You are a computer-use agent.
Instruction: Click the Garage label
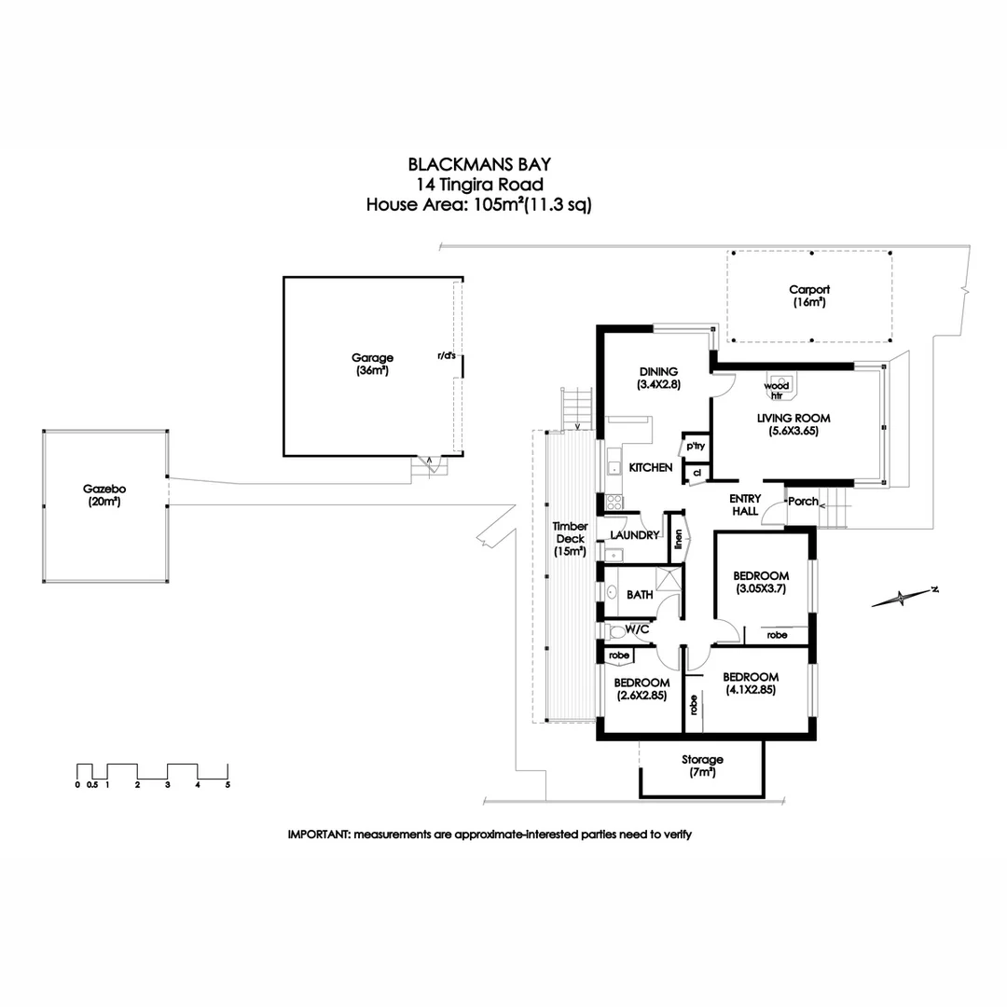[x=372, y=358]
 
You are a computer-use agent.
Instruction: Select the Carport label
[x=809, y=290]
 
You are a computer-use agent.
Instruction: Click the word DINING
[x=658, y=372]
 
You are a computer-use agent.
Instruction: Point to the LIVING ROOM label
[x=793, y=419]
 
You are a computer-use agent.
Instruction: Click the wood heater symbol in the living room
[x=777, y=385]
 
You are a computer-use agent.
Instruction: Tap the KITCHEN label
[x=651, y=467]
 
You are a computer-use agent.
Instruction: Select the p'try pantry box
[x=696, y=446]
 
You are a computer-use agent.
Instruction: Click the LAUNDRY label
[x=635, y=535]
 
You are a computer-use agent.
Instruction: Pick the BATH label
[x=640, y=595]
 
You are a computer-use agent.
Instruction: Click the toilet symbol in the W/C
[x=616, y=631]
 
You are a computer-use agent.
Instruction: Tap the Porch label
[x=803, y=502]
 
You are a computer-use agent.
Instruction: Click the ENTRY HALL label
[x=746, y=504]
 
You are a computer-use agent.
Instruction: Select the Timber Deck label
[x=570, y=539]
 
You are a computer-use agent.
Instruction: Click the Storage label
[x=702, y=760]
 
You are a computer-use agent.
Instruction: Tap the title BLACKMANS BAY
[x=479, y=165]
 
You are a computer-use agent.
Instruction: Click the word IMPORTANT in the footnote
[x=318, y=835]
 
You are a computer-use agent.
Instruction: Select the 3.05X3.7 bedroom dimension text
[x=762, y=588]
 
